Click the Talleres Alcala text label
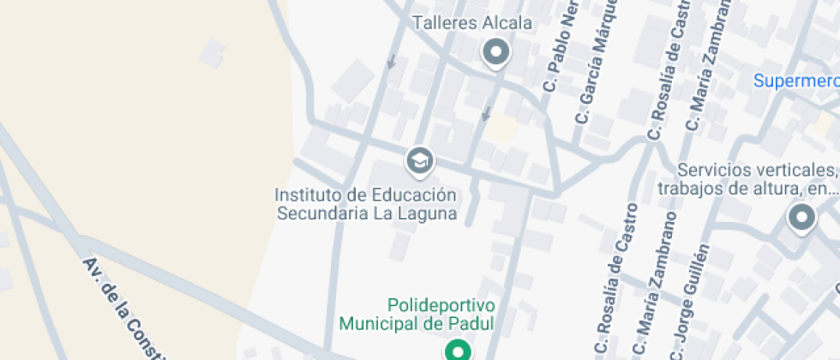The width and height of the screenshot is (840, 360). click(472, 23)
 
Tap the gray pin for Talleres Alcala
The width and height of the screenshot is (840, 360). click(496, 53)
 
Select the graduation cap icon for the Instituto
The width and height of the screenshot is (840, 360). click(419, 160)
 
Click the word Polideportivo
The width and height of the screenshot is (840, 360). click(441, 305)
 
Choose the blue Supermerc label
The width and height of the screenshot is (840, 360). click(796, 81)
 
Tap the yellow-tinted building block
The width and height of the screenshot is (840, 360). click(501, 129)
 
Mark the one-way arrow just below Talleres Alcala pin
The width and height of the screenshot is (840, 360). click(487, 113)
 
